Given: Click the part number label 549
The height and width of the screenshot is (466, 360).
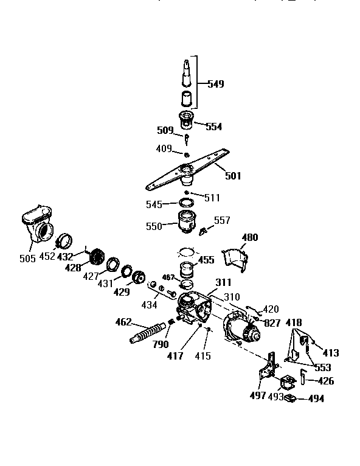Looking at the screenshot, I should coord(215,84).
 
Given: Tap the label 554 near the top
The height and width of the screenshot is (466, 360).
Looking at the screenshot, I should coord(213,127).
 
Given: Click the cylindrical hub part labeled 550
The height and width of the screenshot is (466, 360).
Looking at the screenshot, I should coord(188,223).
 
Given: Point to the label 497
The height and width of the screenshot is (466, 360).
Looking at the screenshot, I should coord(258,396).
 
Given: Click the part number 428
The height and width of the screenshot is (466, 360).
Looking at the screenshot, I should coord(73,267).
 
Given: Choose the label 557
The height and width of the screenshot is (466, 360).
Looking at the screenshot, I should coord(222,220).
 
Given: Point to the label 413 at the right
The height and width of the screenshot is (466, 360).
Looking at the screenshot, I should coord(331,353).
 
